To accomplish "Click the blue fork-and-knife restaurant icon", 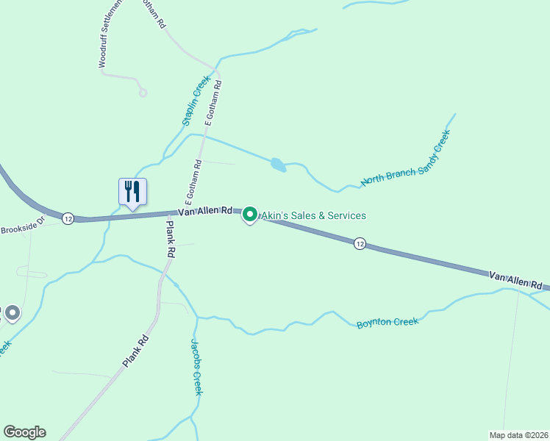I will pyautogui.click(x=132, y=192).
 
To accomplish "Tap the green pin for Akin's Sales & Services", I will pyautogui.click(x=249, y=215).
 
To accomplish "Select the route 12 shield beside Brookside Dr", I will pyautogui.click(x=68, y=218).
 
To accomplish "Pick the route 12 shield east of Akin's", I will pyautogui.click(x=359, y=243).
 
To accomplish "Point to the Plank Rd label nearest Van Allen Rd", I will pyautogui.click(x=171, y=239).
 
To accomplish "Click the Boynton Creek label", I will pyautogui.click(x=387, y=323).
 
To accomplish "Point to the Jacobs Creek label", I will pyautogui.click(x=196, y=367).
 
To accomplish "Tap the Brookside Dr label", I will pyautogui.click(x=23, y=226).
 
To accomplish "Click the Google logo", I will pyautogui.click(x=24, y=432).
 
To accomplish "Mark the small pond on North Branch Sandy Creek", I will pyautogui.click(x=278, y=165).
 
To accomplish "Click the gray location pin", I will pyautogui.click(x=12, y=314).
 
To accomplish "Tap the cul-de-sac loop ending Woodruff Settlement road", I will pyautogui.click(x=143, y=93).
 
